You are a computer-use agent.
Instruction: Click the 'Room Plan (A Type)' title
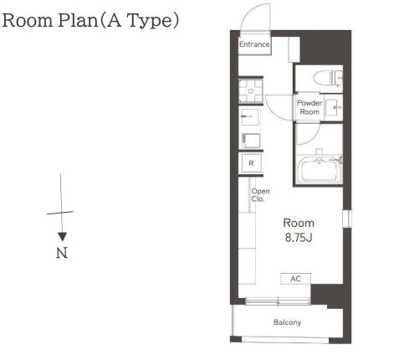pos(90,21)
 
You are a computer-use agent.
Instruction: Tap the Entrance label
pos(254,44)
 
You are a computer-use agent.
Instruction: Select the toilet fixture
pos(328,77)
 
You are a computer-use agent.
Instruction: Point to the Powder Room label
pos(309,107)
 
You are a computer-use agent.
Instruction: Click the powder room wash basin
pos(334,107)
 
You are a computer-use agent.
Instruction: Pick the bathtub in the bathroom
pos(320,170)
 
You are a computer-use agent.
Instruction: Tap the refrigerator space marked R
pos(251,163)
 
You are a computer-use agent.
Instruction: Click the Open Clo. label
pos(260,195)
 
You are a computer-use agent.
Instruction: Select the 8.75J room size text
pos(299,238)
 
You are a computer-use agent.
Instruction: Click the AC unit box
pos(295,279)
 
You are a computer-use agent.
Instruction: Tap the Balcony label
pos(287,322)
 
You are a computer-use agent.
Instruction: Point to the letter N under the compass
pos(62,253)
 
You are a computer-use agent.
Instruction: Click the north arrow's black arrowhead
pos(62,237)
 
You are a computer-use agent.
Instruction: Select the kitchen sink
pos(250,117)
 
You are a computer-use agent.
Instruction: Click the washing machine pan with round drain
pos(251,91)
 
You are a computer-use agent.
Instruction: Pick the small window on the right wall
pos(347,218)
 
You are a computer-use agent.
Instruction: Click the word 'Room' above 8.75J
pos(299,223)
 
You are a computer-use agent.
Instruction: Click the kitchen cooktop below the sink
pos(251,141)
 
